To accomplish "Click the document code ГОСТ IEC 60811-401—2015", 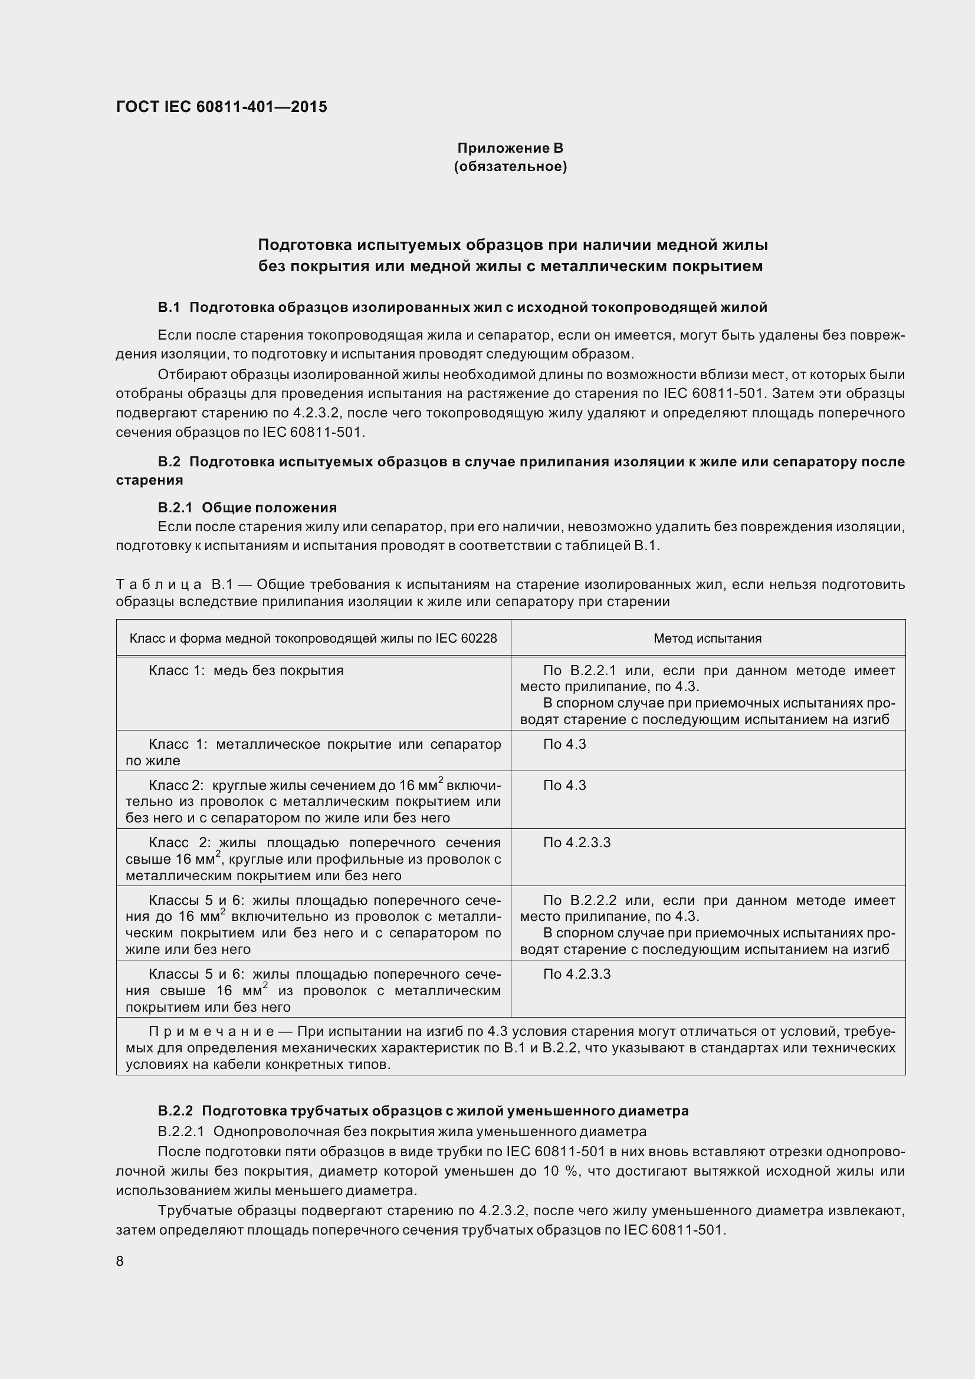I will [221, 107].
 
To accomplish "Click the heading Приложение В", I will [510, 148].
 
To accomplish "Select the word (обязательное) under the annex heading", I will [510, 166].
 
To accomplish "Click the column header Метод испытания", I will [707, 639].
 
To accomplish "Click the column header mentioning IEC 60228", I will [313, 639].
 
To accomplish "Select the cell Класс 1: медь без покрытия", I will [247, 670].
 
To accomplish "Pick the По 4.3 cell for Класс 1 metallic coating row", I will [564, 744].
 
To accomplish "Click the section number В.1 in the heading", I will [169, 308].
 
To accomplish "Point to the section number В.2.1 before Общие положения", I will [175, 508].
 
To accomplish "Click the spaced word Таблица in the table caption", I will [159, 584].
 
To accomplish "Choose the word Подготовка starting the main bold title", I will [303, 245].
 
